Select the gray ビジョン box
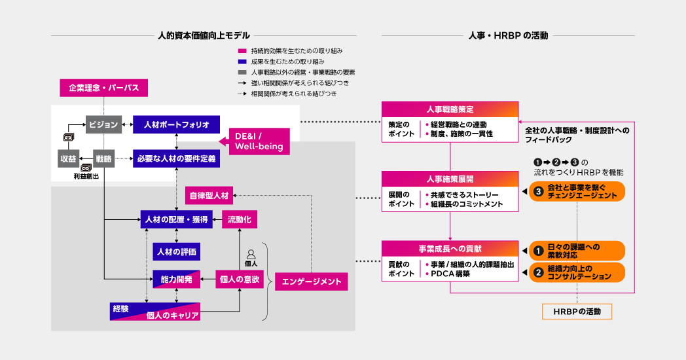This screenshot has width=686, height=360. [x=103, y=124]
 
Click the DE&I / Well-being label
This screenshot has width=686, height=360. [x=259, y=141]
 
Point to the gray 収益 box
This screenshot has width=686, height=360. [x=67, y=158]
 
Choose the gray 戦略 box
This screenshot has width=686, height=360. [x=103, y=158]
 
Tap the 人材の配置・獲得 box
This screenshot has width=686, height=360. [x=177, y=220]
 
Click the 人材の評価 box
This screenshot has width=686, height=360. [x=176, y=251]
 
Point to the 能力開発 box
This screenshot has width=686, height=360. [x=176, y=279]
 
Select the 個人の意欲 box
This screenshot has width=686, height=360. [x=240, y=279]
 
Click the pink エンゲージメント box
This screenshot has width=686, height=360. [x=311, y=281]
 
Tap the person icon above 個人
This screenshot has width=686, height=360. [x=250, y=253]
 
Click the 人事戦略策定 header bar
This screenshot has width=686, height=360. [x=450, y=109]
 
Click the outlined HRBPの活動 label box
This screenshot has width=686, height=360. [x=577, y=311]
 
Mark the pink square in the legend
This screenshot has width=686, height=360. [x=242, y=50]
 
